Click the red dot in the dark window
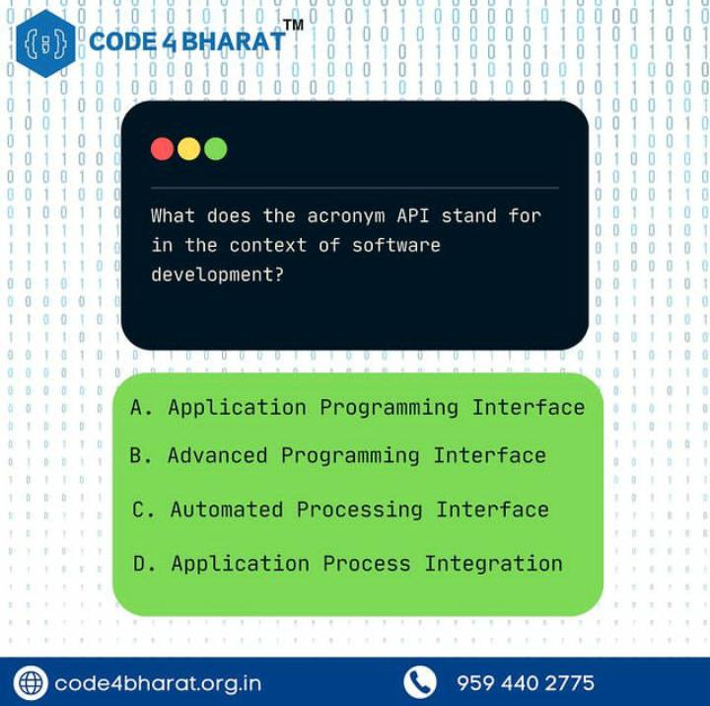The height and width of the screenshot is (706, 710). (163, 149)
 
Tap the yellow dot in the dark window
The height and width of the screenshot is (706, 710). (189, 149)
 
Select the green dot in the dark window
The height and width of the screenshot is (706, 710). (216, 149)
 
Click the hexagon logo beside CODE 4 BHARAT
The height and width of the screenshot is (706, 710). (45, 41)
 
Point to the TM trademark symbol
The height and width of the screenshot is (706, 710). (293, 24)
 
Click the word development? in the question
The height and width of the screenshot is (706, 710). (217, 275)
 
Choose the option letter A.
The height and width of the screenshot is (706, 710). (140, 407)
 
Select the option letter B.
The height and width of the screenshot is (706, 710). (139, 455)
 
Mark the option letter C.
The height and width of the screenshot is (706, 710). (142, 510)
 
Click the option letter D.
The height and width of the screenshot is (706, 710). (143, 564)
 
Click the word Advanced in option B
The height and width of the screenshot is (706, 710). (217, 455)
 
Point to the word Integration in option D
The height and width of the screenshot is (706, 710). (493, 564)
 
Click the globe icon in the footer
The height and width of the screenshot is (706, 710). (31, 682)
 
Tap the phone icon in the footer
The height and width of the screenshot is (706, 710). (420, 682)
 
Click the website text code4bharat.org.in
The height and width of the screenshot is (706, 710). (158, 682)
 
